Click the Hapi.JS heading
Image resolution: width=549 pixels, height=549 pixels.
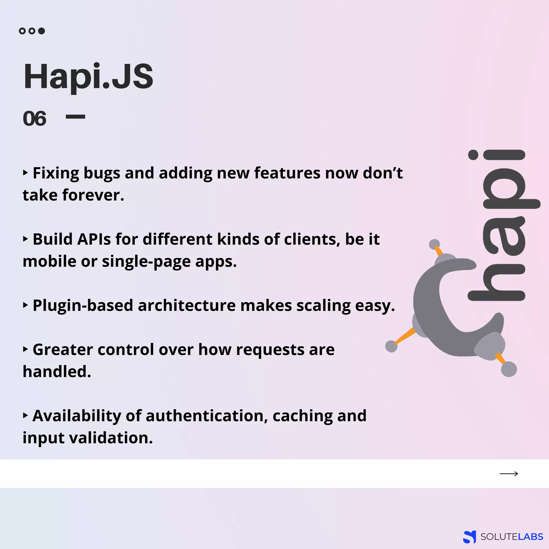pyautogui.click(x=88, y=77)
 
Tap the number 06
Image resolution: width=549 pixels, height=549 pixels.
pyautogui.click(x=34, y=118)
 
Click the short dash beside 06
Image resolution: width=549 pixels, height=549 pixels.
pyautogui.click(x=75, y=117)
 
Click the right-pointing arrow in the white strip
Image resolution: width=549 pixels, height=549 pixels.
pyautogui.click(x=509, y=473)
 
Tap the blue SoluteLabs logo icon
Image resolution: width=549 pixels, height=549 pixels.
pyautogui.click(x=469, y=536)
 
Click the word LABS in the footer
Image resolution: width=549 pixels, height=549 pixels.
pyautogui.click(x=530, y=537)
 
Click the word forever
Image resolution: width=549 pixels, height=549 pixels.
pyautogui.click(x=93, y=195)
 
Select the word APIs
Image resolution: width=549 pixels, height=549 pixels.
pyautogui.click(x=94, y=239)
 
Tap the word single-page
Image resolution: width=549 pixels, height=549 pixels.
pyautogui.click(x=146, y=262)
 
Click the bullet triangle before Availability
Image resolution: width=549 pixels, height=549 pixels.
pyautogui.click(x=25, y=416)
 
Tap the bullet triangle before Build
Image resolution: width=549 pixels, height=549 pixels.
pyautogui.click(x=25, y=239)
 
